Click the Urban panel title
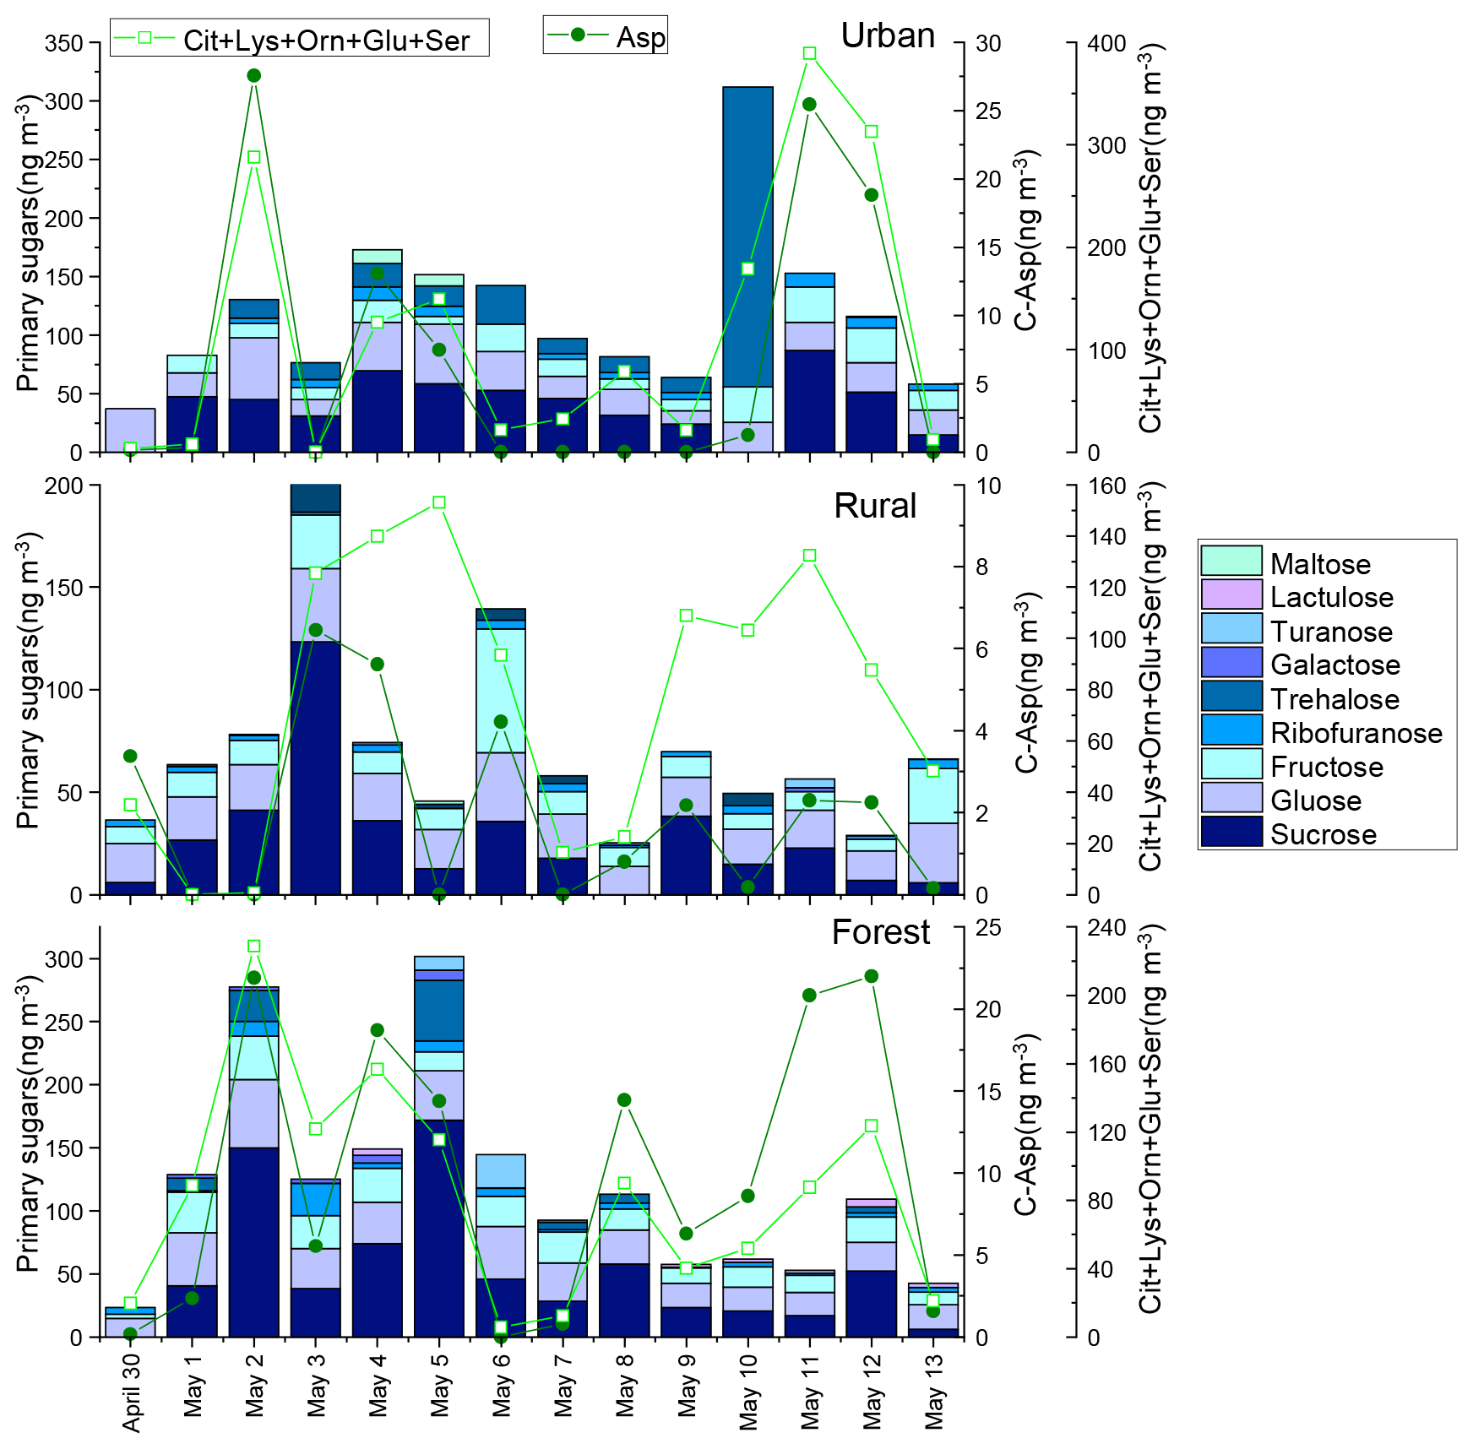coord(888,35)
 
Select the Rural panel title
coord(875,506)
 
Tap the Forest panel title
coord(880,932)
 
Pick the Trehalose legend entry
coord(1334,699)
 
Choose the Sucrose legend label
coord(1324,834)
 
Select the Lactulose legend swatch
coord(1231,595)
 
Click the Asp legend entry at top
coord(606,36)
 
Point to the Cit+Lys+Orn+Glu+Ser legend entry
coord(300,39)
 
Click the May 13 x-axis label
coord(933,1392)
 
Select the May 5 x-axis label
coord(440,1388)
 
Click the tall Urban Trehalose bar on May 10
coord(747,236)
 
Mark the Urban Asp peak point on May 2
coord(253,76)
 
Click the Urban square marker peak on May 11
coord(809,54)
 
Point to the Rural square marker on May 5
coord(439,503)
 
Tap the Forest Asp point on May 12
coord(872,977)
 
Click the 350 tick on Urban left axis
coord(64,43)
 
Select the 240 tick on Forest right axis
coord(1106,928)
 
